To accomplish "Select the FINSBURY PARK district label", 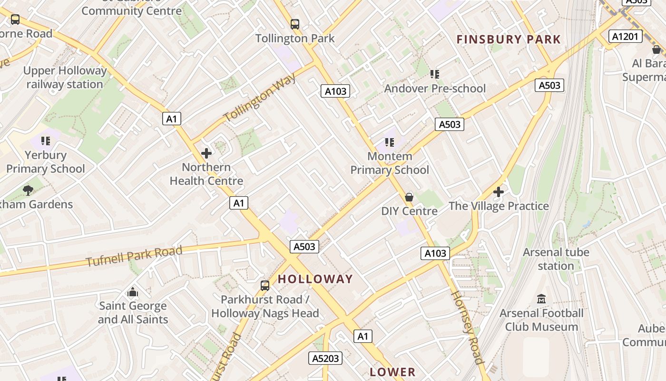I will tap(509, 40).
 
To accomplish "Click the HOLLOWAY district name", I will tap(315, 279).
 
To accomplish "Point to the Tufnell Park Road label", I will tap(134, 256).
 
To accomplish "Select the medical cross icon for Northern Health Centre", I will tap(206, 153).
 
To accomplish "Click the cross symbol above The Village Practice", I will tap(499, 192).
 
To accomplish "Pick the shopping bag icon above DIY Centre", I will tap(409, 197).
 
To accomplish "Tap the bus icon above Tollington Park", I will tap(295, 24).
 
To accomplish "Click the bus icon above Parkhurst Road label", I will tap(265, 286).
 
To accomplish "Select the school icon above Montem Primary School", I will tap(390, 142).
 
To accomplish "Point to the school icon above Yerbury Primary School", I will tap(46, 141).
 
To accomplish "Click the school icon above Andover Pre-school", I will tap(435, 74).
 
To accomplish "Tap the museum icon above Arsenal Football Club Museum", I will tap(541, 299).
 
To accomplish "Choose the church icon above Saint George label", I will tap(133, 291).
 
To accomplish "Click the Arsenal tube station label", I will tap(556, 259).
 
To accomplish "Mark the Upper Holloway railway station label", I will tap(65, 78).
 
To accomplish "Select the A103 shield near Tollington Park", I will tap(335, 91).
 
